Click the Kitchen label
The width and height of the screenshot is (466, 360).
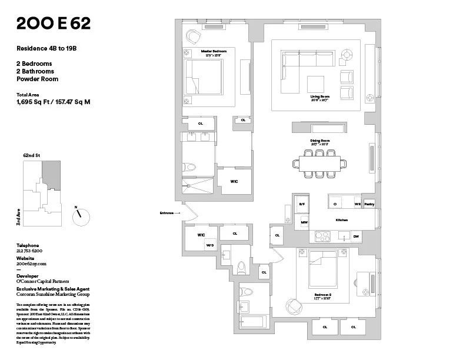pos(341,220)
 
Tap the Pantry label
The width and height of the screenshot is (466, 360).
pos(369,204)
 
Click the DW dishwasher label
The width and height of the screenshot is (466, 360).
pos(356,236)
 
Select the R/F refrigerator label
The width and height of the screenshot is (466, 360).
pos(302,204)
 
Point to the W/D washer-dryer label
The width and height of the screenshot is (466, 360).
pos(209,245)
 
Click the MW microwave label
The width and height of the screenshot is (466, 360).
pos(304,222)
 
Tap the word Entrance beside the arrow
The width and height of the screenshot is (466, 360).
pos(168,213)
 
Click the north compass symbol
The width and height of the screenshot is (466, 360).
pos(81,216)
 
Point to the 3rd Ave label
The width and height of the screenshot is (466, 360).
pos(19,217)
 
